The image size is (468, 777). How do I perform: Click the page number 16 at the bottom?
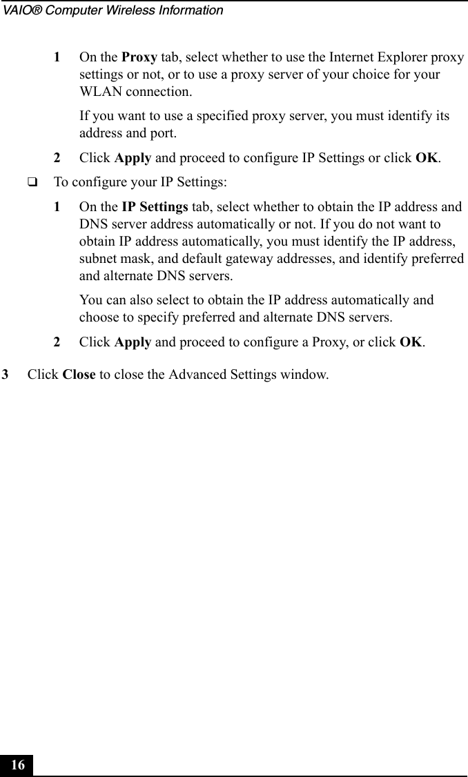pos(18,765)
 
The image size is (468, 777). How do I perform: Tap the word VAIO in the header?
pos(19,10)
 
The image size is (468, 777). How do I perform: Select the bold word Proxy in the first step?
pos(139,56)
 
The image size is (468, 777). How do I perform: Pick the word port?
pos(163,132)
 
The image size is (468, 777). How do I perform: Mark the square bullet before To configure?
pos(32,183)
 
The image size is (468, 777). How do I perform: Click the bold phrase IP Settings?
pos(155,206)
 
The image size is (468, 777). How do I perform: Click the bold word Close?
pos(79,375)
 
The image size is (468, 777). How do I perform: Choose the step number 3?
pos(6,375)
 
